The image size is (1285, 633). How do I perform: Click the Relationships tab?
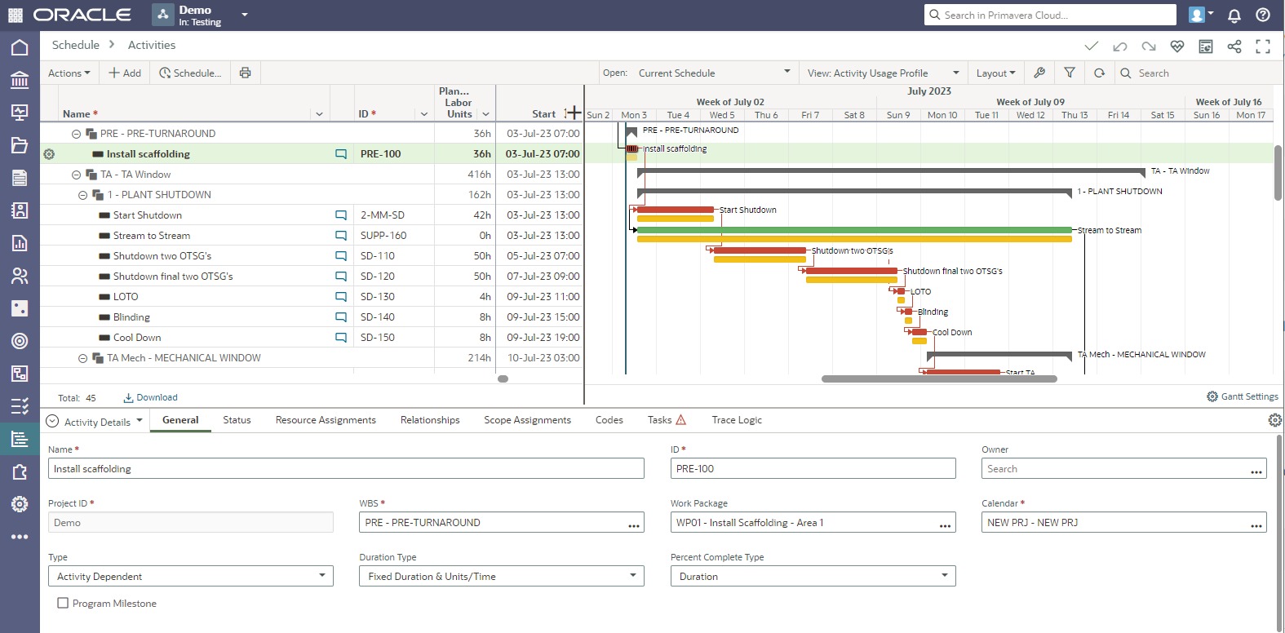(x=430, y=420)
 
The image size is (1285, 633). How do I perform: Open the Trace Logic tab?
(x=736, y=420)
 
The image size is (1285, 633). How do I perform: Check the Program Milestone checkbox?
(x=63, y=604)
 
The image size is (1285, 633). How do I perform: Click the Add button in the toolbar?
(x=125, y=73)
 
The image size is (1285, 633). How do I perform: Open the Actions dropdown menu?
(x=69, y=73)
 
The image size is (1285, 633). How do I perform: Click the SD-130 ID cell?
(x=378, y=297)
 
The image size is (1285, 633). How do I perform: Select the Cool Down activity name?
(x=137, y=338)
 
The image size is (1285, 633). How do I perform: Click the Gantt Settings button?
(x=1243, y=396)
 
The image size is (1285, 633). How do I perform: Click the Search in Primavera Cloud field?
(x=1052, y=15)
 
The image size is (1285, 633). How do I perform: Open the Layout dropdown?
(x=995, y=73)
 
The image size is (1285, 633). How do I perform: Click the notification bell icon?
(x=1234, y=15)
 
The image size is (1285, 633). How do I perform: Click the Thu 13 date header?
(x=1075, y=115)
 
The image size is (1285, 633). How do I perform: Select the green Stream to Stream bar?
(x=853, y=230)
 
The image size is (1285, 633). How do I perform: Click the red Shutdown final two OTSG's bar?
(x=853, y=271)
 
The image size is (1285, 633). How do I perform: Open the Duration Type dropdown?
(x=501, y=577)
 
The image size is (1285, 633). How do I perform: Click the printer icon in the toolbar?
(x=245, y=73)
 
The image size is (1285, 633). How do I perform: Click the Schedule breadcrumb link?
(x=76, y=45)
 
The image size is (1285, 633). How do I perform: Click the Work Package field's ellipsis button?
(x=945, y=525)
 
